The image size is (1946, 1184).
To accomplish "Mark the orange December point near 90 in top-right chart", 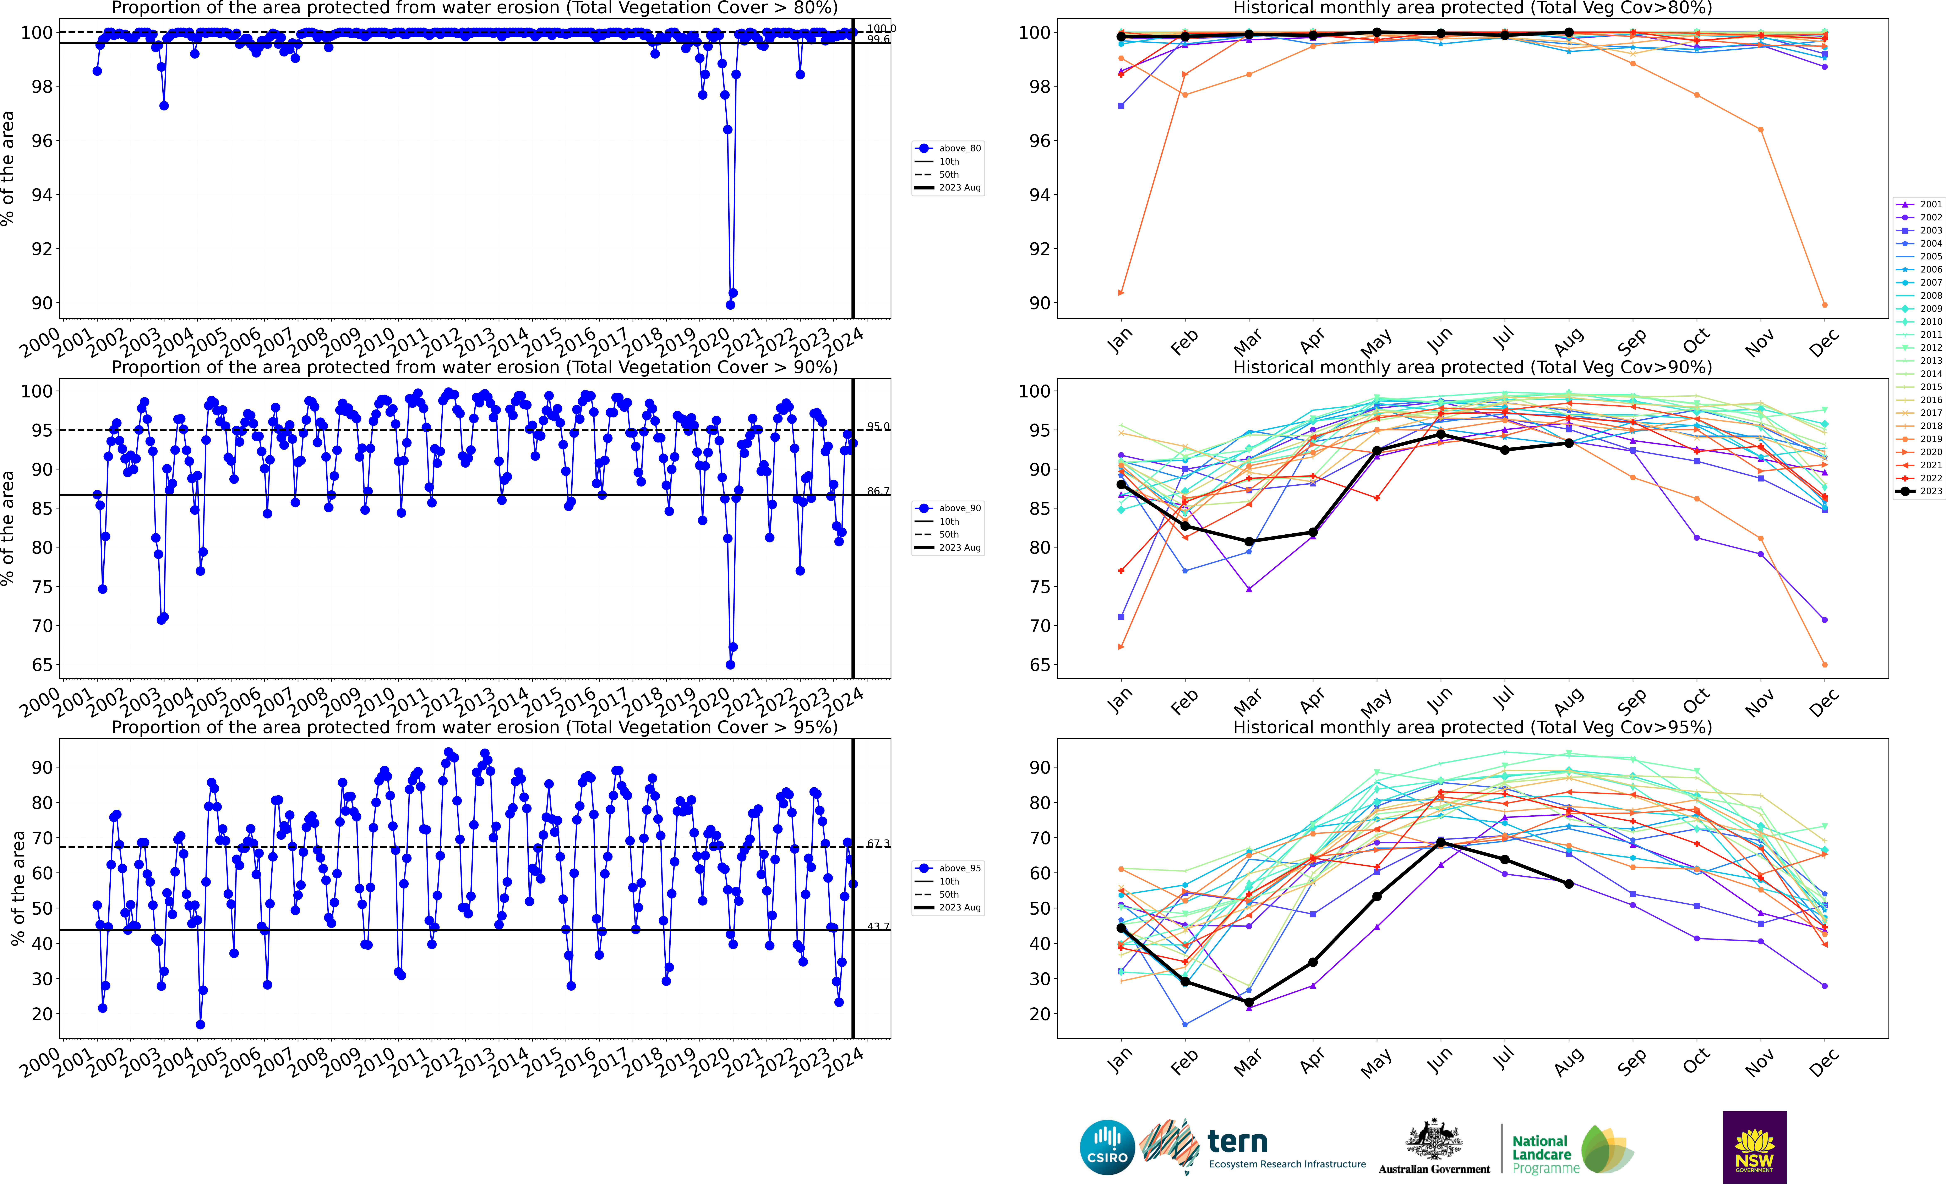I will pyautogui.click(x=1824, y=305).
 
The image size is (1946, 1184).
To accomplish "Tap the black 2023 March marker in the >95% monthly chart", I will pyautogui.click(x=1249, y=1002).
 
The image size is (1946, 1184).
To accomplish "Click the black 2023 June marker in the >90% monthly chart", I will pyautogui.click(x=1440, y=434).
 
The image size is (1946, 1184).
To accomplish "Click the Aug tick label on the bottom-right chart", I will pyautogui.click(x=1568, y=1062).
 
